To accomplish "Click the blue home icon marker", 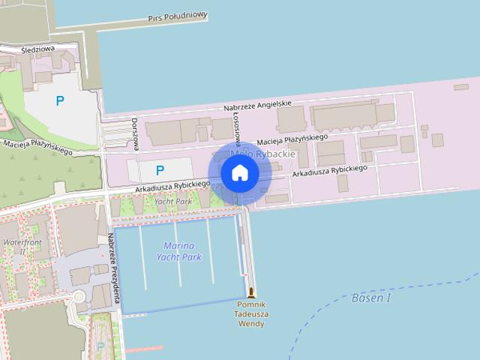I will tap(239, 173).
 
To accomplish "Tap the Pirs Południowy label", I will tap(177, 16).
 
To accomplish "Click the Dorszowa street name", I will tap(135, 132).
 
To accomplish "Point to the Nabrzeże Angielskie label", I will tap(257, 106).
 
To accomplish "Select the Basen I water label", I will tap(371, 298).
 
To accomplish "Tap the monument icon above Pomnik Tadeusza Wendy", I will tap(250, 292).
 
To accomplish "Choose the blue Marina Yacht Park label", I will tap(178, 251).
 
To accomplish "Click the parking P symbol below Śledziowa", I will tap(60, 100).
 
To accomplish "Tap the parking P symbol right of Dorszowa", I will tap(159, 170).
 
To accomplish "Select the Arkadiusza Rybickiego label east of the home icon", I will tap(330, 171).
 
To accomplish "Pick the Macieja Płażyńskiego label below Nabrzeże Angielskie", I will tap(292, 139).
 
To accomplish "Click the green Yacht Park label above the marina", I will tap(172, 202).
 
